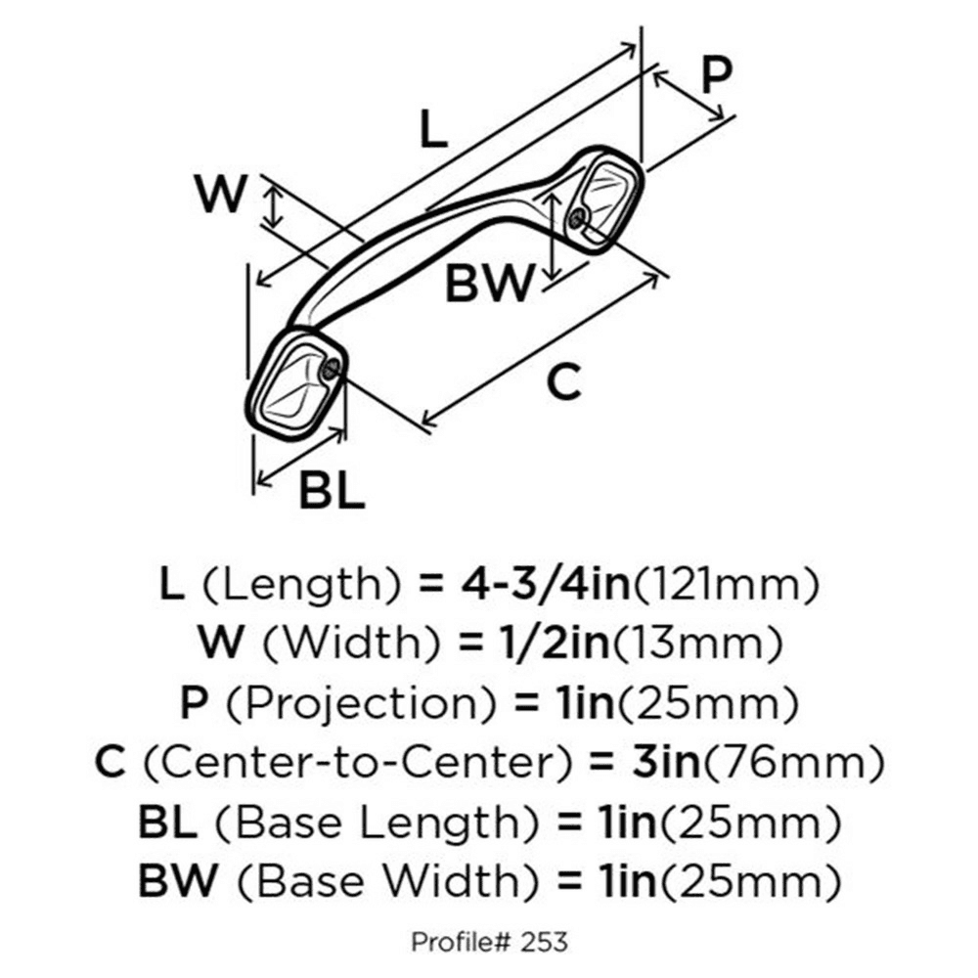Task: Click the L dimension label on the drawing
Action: (434, 128)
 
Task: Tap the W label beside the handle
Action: (221, 194)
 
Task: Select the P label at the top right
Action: (716, 74)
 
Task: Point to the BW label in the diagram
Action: (490, 284)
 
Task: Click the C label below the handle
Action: (564, 381)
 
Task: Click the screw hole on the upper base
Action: (577, 218)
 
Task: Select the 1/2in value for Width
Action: (555, 644)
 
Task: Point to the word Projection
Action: (361, 703)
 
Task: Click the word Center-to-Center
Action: (357, 762)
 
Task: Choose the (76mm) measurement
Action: (794, 762)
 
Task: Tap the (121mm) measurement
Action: (726, 585)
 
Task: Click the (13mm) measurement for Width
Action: (697, 644)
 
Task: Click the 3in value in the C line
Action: (667, 762)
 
